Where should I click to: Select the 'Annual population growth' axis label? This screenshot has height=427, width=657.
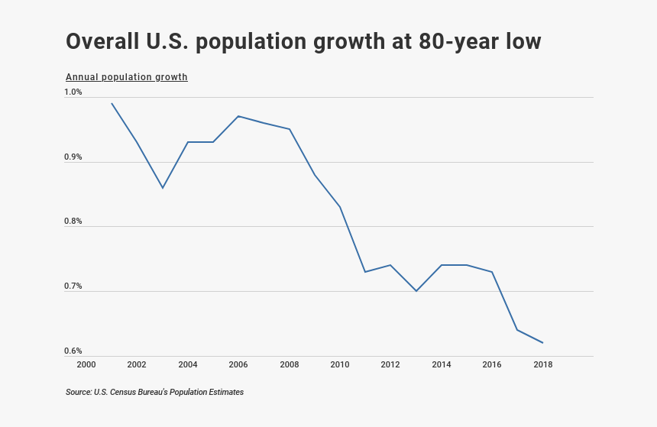coord(127,77)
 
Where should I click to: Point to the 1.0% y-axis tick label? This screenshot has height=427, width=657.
coord(73,92)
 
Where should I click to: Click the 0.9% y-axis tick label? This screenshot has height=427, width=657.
coord(73,157)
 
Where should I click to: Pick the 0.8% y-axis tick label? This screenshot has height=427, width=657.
coord(73,222)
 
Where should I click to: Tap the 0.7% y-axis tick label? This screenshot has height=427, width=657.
coord(73,286)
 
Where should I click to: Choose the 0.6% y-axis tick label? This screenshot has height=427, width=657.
coord(73,351)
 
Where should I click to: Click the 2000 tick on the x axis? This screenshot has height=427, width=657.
coord(86,365)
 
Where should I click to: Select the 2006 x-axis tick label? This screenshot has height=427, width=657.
coord(238,365)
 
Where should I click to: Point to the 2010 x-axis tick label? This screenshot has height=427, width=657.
coord(340,365)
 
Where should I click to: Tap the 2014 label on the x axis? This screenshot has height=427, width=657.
coord(442,365)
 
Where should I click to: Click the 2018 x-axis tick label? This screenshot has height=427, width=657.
coord(542,365)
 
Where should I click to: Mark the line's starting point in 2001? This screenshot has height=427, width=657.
coord(112,103)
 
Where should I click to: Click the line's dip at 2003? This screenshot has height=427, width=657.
coord(163,188)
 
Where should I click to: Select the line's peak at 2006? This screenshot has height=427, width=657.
coord(238,116)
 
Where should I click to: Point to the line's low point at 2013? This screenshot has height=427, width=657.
coord(416,291)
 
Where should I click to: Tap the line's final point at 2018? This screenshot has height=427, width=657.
coord(542,343)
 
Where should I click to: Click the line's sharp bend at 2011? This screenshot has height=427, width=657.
coord(365,272)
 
